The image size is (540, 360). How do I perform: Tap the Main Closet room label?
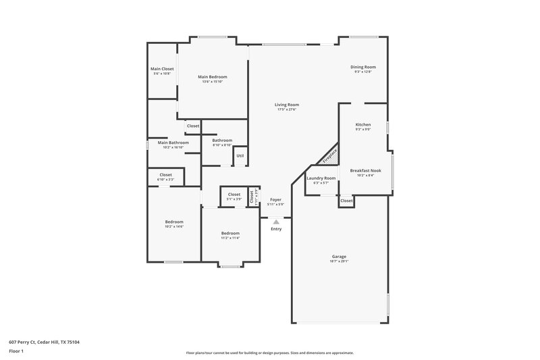click(162, 69)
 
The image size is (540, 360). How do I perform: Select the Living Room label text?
click(287, 105)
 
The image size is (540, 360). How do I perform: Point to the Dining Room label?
click(363, 67)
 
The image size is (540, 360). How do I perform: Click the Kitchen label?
click(363, 125)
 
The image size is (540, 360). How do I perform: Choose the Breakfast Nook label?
click(365, 170)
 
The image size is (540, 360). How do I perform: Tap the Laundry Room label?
click(321, 178)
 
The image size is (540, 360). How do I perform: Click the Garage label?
click(339, 257)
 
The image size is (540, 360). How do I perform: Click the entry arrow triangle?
click(275, 221)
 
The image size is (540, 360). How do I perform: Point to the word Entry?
click(276, 229)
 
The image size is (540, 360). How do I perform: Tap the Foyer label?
click(275, 200)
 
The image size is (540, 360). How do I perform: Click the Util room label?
click(240, 155)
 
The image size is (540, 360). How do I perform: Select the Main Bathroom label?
click(173, 143)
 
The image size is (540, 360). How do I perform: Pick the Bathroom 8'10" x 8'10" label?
click(222, 140)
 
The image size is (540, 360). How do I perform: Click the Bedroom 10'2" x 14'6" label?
click(174, 222)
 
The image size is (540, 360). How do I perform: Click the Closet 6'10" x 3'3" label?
click(165, 175)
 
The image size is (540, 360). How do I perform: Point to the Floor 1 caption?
click(16, 352)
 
